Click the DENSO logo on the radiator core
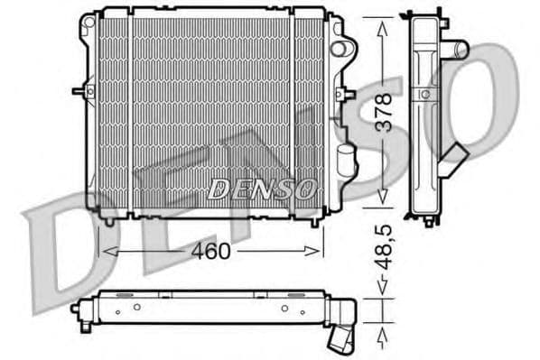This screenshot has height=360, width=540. click(263, 189)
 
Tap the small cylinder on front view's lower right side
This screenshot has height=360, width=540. click(343, 163)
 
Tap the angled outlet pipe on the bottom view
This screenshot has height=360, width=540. click(344, 338)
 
